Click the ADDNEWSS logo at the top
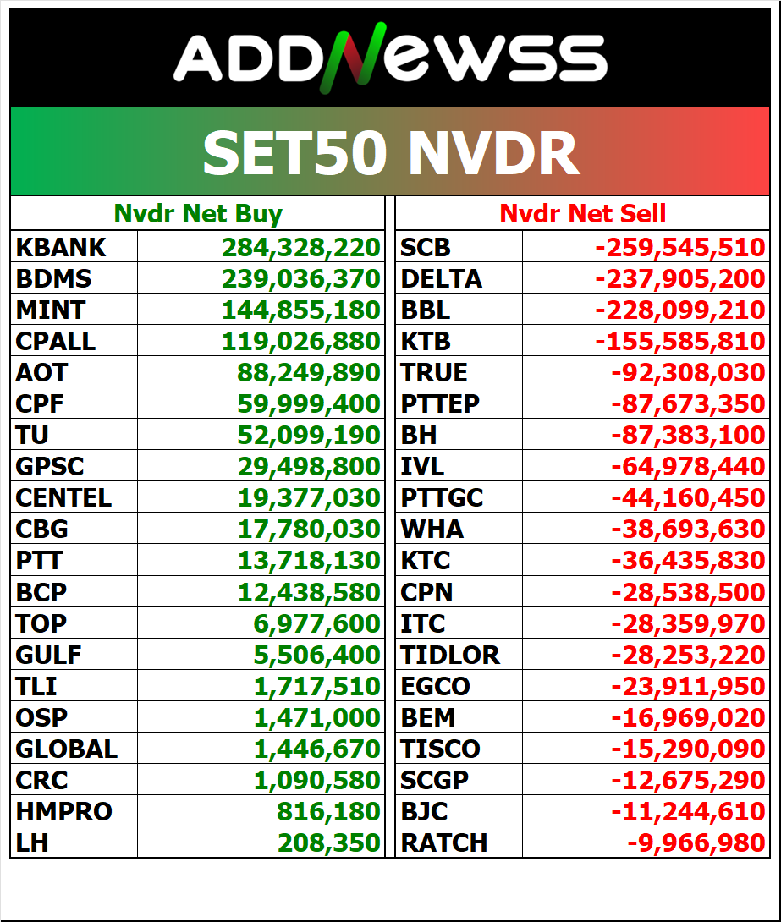tap(390, 58)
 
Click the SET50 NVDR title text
tap(390, 153)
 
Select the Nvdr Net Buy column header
tap(198, 214)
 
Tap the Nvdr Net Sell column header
tap(582, 214)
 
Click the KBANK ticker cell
tap(62, 247)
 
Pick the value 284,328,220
tap(301, 247)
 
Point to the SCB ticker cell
tap(426, 247)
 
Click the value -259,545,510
tap(680, 247)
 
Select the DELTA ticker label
tap(441, 278)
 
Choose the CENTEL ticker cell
tap(63, 497)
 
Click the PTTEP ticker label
tap(440, 403)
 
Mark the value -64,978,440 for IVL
tap(688, 466)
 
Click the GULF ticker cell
tap(49, 654)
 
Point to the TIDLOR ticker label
tap(450, 654)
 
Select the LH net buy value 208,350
tap(329, 842)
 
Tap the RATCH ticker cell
tap(444, 842)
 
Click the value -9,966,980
tap(696, 842)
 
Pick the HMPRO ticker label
tap(64, 811)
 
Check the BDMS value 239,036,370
tap(301, 278)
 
